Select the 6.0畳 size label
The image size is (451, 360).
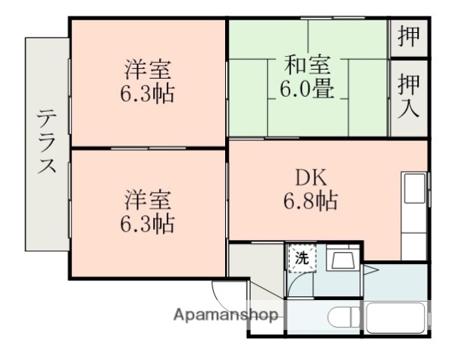coord(308,89)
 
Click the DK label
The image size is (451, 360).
coord(308,177)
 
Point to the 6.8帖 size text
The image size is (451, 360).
coord(308,201)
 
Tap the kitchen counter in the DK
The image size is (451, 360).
coord(415,217)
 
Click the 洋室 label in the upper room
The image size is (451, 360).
coord(148,70)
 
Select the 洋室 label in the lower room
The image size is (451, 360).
coord(148,200)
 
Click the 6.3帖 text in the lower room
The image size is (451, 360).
coord(148,224)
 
